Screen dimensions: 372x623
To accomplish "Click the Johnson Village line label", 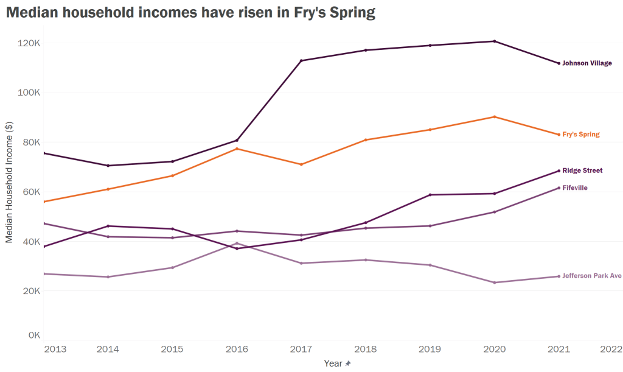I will click(586, 63).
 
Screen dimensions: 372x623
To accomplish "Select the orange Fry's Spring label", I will click(580, 135).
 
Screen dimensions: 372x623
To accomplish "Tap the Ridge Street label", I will click(582, 171).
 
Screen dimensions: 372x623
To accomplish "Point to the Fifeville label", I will click(575, 188).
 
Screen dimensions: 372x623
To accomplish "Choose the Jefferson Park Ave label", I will click(591, 276).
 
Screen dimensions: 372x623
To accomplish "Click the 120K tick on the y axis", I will click(29, 43).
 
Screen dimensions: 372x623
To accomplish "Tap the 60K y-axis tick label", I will click(30, 192).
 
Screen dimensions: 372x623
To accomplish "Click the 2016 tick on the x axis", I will click(237, 349).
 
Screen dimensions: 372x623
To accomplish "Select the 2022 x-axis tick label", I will click(610, 349).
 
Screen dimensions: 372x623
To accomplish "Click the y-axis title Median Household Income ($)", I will click(9, 182).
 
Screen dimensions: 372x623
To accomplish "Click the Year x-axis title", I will click(333, 363).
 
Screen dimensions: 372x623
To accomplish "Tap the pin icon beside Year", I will click(348, 363).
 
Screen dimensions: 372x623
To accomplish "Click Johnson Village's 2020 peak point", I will click(495, 41).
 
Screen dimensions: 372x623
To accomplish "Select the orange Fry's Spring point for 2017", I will click(301, 164).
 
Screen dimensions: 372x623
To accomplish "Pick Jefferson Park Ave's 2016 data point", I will click(237, 243).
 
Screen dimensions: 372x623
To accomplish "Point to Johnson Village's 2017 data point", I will click(301, 61).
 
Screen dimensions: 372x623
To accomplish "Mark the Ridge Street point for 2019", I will click(430, 195).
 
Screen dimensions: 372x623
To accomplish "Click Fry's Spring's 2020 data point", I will click(495, 117).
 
